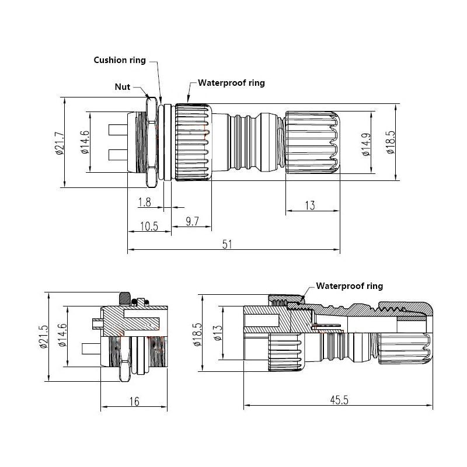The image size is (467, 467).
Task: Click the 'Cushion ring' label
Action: click(121, 60)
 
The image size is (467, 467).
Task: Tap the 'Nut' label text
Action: click(122, 87)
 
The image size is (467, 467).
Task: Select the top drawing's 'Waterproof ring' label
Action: click(231, 83)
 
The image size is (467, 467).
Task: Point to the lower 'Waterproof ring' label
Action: click(349, 286)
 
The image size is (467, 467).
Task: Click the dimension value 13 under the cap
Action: click(310, 205)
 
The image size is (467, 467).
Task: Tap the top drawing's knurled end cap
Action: click(312, 143)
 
